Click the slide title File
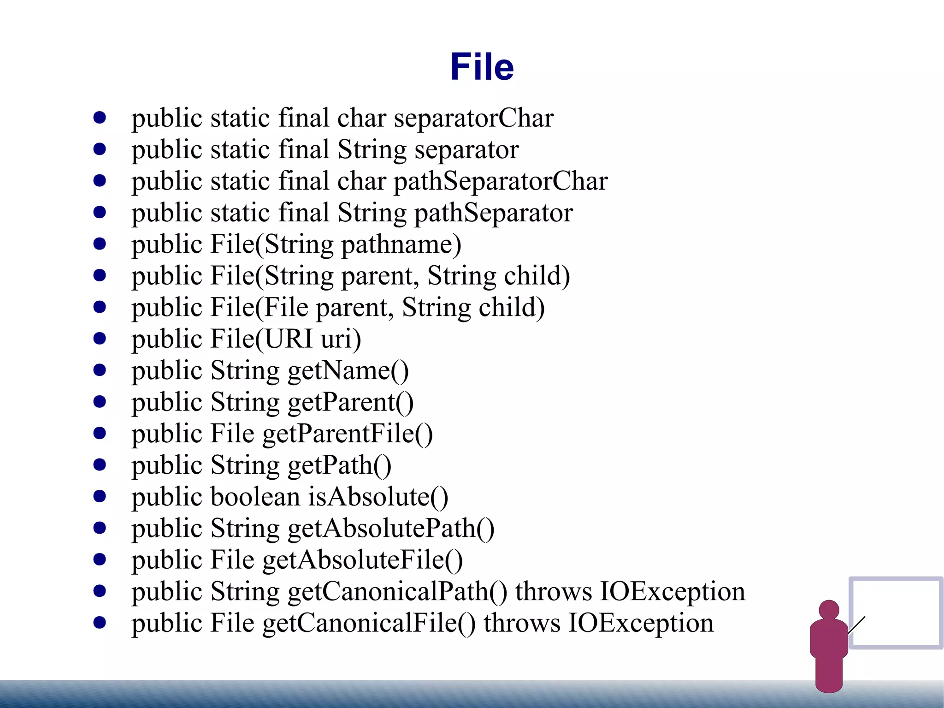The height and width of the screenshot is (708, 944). tap(482, 67)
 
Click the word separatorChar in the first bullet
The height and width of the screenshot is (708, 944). tap(473, 118)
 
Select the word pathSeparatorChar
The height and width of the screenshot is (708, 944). tap(501, 181)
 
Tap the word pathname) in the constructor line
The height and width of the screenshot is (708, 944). tap(401, 244)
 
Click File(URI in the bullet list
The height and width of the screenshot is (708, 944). tap(261, 339)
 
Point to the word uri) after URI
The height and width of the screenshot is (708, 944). tap(341, 339)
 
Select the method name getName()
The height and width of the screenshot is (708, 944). tap(348, 371)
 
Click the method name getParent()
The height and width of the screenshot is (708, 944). tap(350, 402)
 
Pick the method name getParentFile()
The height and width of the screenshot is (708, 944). tap(348, 434)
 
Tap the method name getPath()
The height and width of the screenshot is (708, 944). tap(339, 465)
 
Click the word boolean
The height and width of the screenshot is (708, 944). tap(255, 497)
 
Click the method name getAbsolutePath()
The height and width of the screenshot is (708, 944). tap(391, 529)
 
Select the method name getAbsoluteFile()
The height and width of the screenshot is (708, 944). tap(362, 560)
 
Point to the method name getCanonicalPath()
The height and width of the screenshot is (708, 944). tap(397, 592)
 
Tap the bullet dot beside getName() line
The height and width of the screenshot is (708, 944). tap(100, 370)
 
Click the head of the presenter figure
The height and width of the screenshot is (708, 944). tap(829, 610)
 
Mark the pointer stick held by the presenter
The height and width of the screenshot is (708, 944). tap(856, 625)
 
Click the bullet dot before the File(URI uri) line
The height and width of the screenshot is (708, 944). tap(100, 339)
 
